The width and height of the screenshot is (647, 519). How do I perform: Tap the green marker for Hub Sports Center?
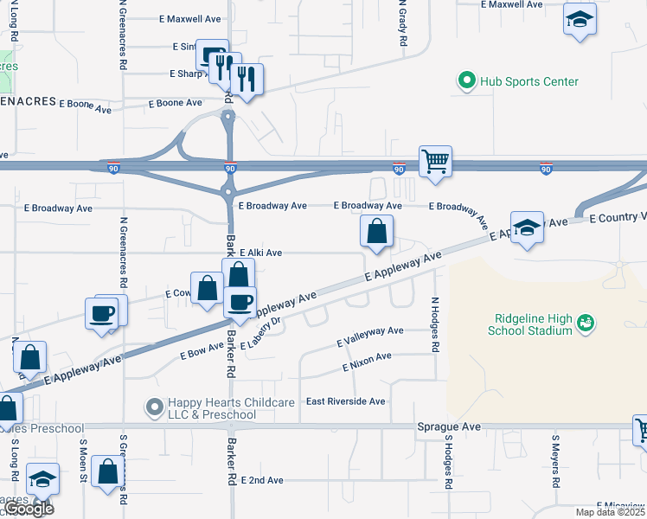pos(467,82)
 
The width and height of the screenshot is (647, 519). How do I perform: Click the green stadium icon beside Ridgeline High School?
pos(586,323)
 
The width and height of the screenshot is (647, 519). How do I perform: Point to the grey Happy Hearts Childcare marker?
pos(155,406)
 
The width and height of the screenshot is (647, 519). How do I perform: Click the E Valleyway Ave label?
pos(370,331)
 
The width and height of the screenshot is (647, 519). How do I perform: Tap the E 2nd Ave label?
pos(262,480)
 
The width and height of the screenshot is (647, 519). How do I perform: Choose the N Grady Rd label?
pos(402,24)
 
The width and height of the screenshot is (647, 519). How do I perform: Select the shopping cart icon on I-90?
pos(435,160)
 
